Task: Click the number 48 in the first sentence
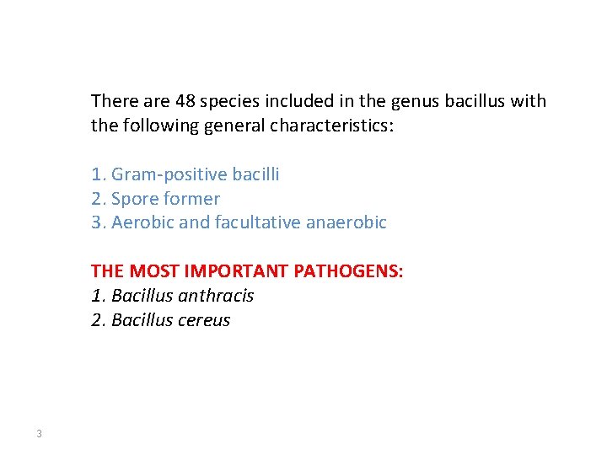click(x=185, y=102)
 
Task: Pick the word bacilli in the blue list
click(x=255, y=174)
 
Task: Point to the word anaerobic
click(x=352, y=223)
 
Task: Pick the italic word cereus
click(x=203, y=321)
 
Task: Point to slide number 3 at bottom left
click(x=39, y=434)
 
